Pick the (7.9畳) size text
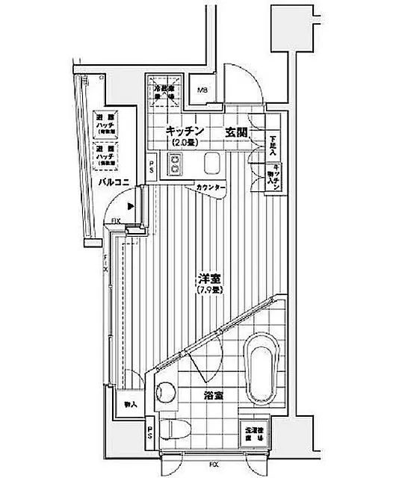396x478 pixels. click(x=208, y=291)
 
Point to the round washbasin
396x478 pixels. click(x=165, y=392)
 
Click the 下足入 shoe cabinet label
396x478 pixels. click(x=273, y=143)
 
